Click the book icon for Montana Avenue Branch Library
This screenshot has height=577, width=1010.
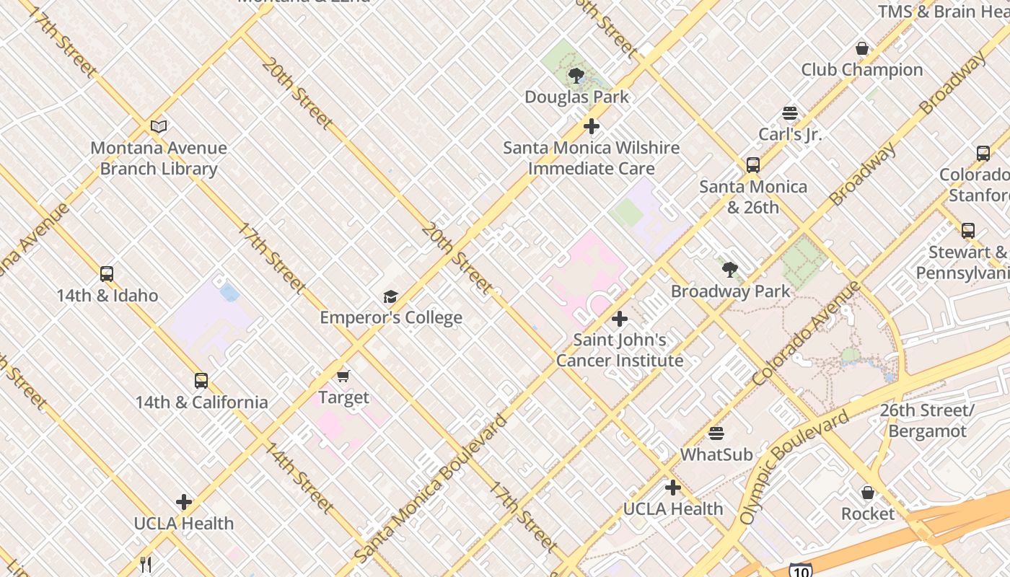pyautogui.click(x=159, y=127)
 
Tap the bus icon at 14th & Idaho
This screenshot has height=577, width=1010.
pyautogui.click(x=107, y=274)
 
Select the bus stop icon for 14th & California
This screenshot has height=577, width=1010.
pyautogui.click(x=201, y=381)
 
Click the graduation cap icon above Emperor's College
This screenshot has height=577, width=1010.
pyautogui.click(x=390, y=296)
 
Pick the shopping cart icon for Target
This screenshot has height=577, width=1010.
pyautogui.click(x=343, y=376)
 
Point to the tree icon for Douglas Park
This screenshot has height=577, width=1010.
pyautogui.click(x=576, y=76)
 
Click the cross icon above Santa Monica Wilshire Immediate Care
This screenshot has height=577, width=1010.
pyautogui.click(x=592, y=127)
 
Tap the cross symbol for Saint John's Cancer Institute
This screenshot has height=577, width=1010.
pyautogui.click(x=619, y=319)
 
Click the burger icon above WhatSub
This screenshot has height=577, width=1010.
pyautogui.click(x=716, y=433)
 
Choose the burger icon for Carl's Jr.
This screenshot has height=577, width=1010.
pyautogui.click(x=790, y=113)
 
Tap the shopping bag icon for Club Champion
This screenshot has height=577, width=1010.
pyautogui.click(x=861, y=49)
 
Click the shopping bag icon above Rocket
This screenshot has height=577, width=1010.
pyautogui.click(x=868, y=493)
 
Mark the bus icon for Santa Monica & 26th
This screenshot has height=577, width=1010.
pyautogui.click(x=753, y=165)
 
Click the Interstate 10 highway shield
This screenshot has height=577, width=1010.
pyautogui.click(x=799, y=571)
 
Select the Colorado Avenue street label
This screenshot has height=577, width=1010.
pyautogui.click(x=806, y=333)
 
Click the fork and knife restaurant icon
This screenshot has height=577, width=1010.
pyautogui.click(x=146, y=564)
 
